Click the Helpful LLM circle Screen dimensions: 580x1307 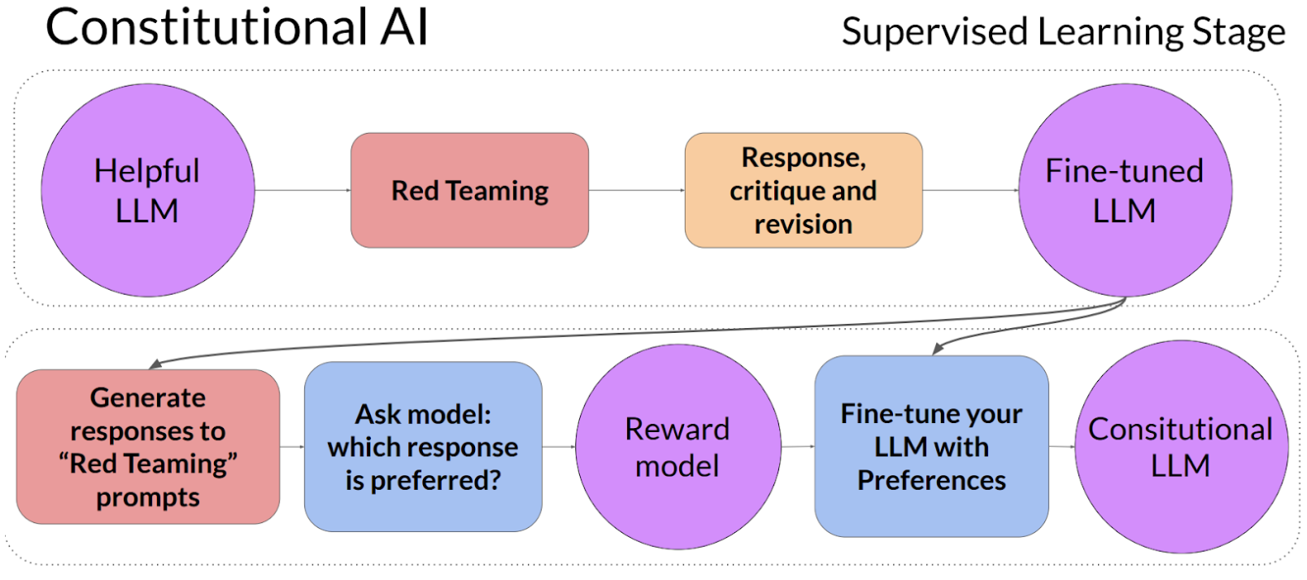pyautogui.click(x=147, y=190)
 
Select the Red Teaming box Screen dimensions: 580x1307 pyautogui.click(x=469, y=190)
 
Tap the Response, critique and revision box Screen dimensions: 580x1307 pyautogui.click(x=803, y=190)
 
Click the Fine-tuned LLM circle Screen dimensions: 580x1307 pyautogui.click(x=1124, y=190)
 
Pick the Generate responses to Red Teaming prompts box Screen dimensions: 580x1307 pyautogui.click(x=148, y=446)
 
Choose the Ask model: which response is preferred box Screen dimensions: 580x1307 pyautogui.click(x=423, y=446)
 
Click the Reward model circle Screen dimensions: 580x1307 pyautogui.click(x=677, y=446)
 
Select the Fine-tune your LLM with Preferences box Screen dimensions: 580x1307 pyautogui.click(x=931, y=446)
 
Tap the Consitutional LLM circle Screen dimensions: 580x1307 pyautogui.click(x=1181, y=446)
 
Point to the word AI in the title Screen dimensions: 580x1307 pyautogui.click(x=405, y=26)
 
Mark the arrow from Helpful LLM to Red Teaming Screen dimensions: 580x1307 pyautogui.click(x=302, y=190)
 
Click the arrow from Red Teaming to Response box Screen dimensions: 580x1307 pyautogui.click(x=636, y=190)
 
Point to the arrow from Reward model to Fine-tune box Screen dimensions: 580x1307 pyautogui.click(x=797, y=446)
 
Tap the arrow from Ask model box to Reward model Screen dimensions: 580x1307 pyautogui.click(x=558, y=446)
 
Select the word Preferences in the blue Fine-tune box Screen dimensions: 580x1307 pyautogui.click(x=931, y=481)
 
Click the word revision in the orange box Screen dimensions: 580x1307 pyautogui.click(x=803, y=225)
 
